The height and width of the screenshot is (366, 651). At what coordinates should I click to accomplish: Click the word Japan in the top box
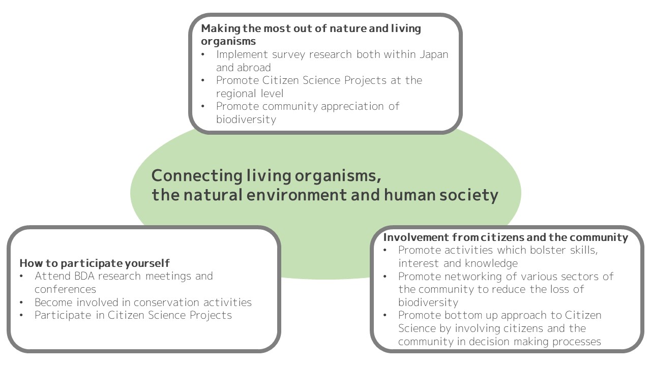point(434,55)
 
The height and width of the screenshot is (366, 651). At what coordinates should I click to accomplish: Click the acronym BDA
point(84,276)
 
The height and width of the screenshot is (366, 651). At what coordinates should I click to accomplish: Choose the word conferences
point(66,289)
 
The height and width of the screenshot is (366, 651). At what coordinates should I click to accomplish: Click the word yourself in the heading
point(147,263)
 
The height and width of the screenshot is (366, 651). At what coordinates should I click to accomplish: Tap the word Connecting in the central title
point(197,176)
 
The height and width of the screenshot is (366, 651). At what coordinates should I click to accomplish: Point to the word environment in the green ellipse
point(297,195)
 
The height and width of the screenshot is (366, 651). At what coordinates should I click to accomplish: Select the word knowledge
point(491,264)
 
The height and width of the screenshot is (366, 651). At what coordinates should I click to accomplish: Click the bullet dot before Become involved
point(21,302)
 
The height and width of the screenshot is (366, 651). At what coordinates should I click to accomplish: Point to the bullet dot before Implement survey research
point(203,54)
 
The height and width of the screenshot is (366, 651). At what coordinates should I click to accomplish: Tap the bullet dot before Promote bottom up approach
point(385,316)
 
